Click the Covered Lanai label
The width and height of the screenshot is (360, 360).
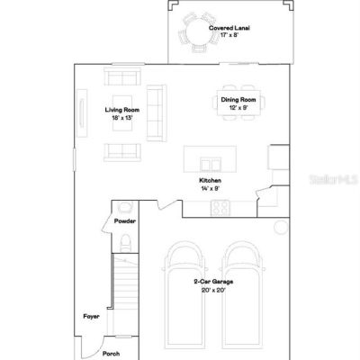coord(229,28)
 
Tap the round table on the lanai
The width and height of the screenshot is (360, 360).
coord(198,31)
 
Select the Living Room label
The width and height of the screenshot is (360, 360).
coord(122,110)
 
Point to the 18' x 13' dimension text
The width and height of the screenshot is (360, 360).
coord(122,118)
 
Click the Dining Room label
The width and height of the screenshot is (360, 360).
coord(238,100)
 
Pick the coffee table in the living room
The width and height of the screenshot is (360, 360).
coord(122,112)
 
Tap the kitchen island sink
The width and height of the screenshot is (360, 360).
coord(211,165)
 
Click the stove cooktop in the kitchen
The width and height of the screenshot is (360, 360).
coord(220,208)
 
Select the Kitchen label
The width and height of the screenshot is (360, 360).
coord(211,180)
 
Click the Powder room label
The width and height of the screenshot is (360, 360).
coord(125,221)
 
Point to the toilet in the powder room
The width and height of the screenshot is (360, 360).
coord(125,243)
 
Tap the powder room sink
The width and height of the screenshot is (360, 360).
coord(125,207)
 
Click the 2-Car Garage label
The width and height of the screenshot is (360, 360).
coord(213,282)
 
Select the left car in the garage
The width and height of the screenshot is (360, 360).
coord(184,295)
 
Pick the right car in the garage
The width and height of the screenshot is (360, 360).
coord(243,295)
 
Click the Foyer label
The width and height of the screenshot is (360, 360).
coord(91,317)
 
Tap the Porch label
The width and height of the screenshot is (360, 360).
coord(111,354)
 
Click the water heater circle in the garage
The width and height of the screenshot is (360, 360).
coord(281,227)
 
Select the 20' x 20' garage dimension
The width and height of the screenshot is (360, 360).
coord(213,290)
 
